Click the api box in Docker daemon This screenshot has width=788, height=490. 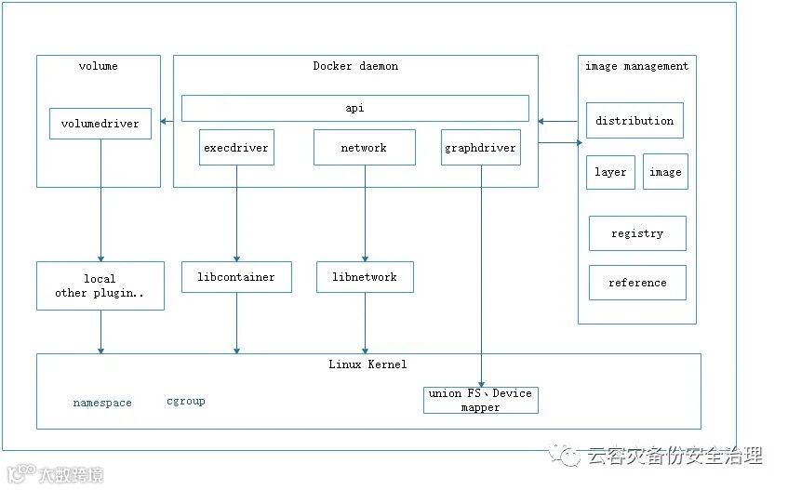(x=354, y=108)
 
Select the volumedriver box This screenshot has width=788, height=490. (x=100, y=124)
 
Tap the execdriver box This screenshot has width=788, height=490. (x=236, y=147)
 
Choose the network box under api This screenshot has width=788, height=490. (x=364, y=147)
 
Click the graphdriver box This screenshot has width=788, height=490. (x=480, y=147)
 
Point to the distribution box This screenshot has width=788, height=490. (x=634, y=121)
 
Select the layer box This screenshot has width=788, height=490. (x=610, y=172)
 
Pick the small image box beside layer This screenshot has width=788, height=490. (x=665, y=172)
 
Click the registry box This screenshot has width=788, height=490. (x=637, y=233)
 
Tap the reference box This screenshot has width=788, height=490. (x=637, y=283)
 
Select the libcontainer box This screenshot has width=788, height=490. (x=236, y=277)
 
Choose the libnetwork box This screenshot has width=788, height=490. (x=364, y=277)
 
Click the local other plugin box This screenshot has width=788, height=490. (x=100, y=285)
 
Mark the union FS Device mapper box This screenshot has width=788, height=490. (x=480, y=401)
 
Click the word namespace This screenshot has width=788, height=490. (x=102, y=404)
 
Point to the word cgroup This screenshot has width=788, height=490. (x=186, y=402)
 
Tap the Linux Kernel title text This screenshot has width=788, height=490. (x=367, y=364)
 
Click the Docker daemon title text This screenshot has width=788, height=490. (x=355, y=66)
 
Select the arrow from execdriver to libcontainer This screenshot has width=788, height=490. (x=236, y=214)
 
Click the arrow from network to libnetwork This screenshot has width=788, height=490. (x=364, y=214)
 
